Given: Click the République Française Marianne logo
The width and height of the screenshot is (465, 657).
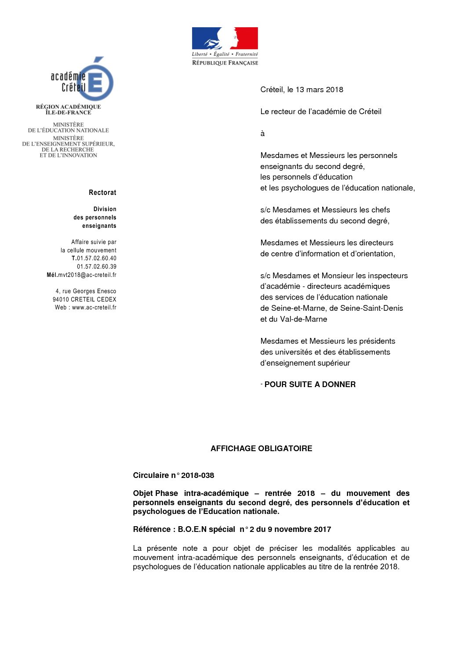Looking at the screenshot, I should [x=225, y=46].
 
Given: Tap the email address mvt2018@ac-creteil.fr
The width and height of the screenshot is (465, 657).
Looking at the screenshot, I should [x=87, y=275].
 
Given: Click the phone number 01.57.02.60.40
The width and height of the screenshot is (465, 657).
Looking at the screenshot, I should [x=97, y=258].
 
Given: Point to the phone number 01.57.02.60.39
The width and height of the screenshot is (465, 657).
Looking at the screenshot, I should [x=97, y=267].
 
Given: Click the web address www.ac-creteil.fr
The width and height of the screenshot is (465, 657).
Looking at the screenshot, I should [x=94, y=308].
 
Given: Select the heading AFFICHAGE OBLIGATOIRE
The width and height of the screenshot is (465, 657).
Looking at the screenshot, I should [x=261, y=449].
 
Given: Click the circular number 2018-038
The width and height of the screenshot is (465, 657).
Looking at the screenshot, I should [x=197, y=475].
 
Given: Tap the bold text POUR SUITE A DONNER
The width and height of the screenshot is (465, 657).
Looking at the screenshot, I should [x=310, y=384].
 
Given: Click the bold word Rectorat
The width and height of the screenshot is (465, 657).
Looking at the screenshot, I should [x=102, y=193].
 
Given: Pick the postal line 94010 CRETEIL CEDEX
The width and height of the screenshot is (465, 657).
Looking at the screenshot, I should [x=84, y=300].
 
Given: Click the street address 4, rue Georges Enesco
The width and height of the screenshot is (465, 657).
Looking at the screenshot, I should [x=86, y=291].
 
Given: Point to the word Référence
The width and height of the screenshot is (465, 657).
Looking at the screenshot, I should [x=152, y=529].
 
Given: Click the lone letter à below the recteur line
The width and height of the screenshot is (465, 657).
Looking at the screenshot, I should [x=262, y=133].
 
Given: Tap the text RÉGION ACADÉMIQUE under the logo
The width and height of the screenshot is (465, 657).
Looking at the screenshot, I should [x=68, y=107].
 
